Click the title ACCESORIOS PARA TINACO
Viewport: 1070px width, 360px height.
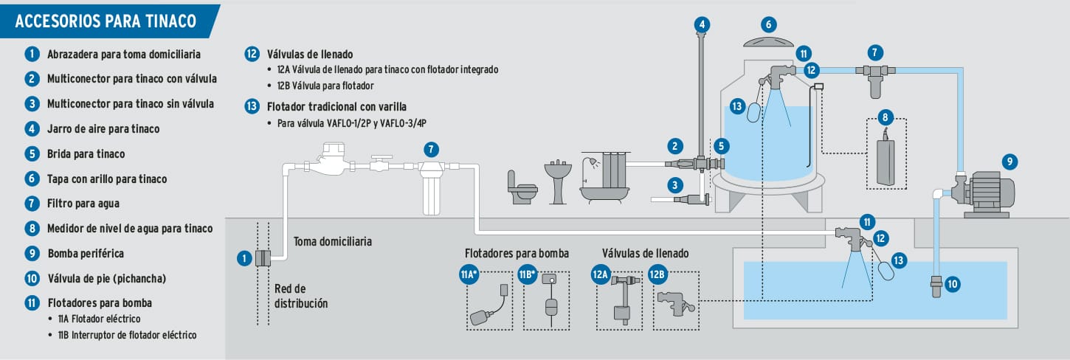106,21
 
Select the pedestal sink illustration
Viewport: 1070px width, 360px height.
559,179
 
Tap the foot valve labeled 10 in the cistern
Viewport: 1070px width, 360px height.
936,286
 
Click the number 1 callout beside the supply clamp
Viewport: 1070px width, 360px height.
244,258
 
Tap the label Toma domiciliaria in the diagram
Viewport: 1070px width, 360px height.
332,241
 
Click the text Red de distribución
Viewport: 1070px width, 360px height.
300,295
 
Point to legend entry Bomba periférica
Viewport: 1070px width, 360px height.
85,253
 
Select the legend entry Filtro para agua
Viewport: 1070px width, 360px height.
83,203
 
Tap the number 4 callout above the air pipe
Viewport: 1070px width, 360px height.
703,24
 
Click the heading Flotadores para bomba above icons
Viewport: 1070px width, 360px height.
517,253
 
